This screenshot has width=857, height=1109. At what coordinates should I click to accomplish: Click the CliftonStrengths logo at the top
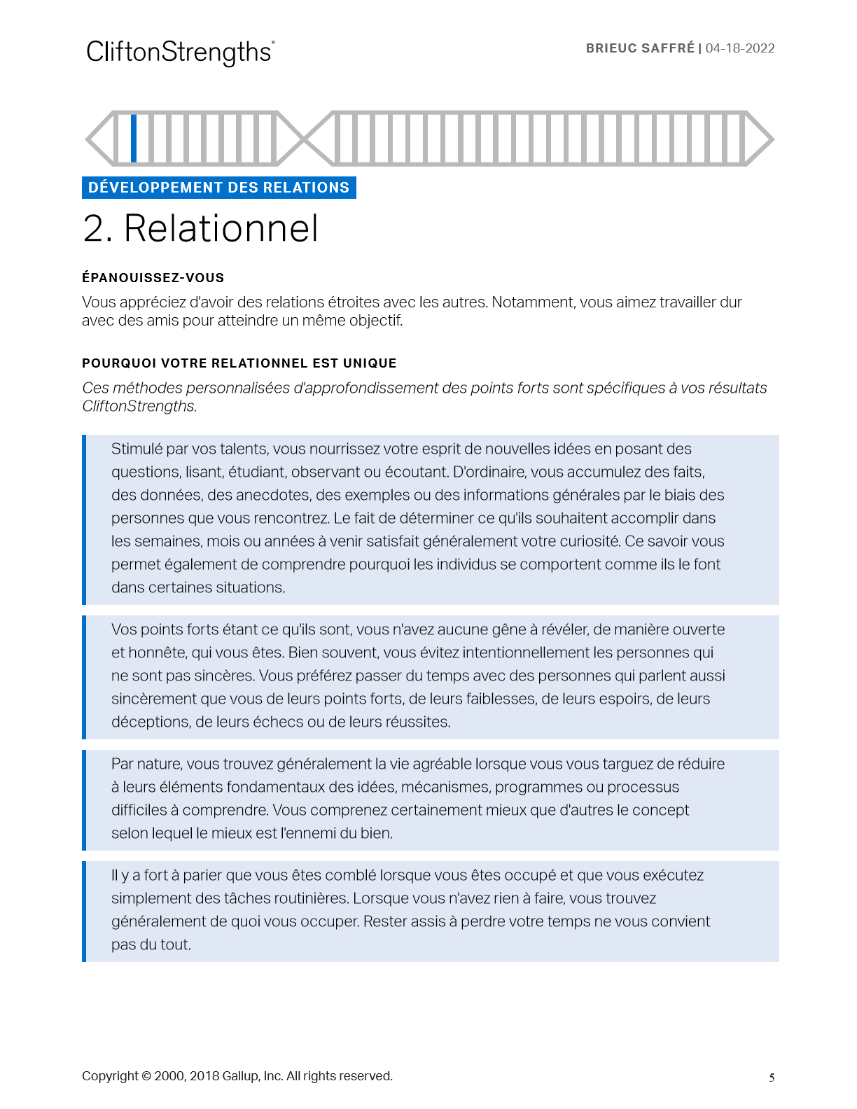point(180,53)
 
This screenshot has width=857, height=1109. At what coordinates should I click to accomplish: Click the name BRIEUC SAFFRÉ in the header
point(640,48)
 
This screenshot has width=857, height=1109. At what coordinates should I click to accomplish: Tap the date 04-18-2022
point(740,48)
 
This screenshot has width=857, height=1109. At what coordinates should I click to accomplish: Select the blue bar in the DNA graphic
point(134,138)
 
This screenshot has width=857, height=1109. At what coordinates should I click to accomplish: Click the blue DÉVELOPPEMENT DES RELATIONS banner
point(218,188)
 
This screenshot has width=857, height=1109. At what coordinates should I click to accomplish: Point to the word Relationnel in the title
point(221,228)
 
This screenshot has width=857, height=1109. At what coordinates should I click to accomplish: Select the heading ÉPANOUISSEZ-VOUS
point(153,278)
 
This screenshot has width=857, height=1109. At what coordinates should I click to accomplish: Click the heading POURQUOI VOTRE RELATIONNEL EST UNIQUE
point(239,363)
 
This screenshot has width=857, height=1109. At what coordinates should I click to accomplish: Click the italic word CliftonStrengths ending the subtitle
point(139,406)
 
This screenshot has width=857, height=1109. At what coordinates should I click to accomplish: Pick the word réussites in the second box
point(417,722)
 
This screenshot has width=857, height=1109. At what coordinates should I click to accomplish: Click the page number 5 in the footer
point(772,1078)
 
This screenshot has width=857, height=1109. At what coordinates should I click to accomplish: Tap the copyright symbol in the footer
point(146,1076)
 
